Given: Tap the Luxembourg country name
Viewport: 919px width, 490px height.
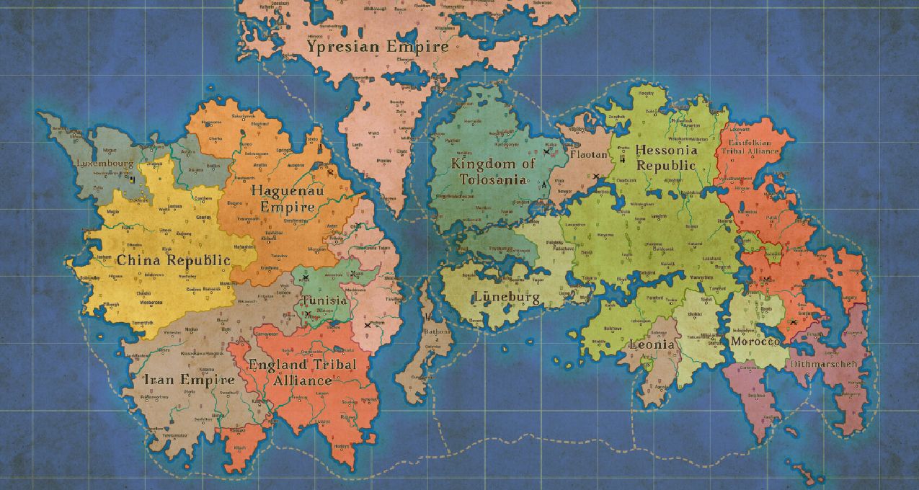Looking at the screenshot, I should pos(105,164).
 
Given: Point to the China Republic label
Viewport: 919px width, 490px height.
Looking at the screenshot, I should pos(173,261).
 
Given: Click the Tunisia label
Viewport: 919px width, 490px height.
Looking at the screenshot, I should pos(324,300).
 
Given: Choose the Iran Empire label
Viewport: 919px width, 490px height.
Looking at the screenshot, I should pos(189,380).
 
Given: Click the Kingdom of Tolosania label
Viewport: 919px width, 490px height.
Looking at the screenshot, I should pos(493,171).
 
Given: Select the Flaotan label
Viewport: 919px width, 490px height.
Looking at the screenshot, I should pos(589,154).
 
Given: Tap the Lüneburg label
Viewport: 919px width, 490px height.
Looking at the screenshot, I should pos(507,297).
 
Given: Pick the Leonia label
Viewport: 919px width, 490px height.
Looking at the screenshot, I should pos(652,344).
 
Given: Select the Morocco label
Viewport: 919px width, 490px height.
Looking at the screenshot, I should pos(755,341).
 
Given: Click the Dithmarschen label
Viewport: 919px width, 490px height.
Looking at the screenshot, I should pos(825,364).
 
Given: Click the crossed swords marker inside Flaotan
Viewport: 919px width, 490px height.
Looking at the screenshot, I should pos(596,176).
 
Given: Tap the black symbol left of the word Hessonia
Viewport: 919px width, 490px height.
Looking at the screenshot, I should pos(622,157).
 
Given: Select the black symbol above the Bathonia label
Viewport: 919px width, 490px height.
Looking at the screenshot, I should pos(429,316).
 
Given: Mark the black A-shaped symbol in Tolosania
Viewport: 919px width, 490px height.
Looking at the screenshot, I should pos(544,184).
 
